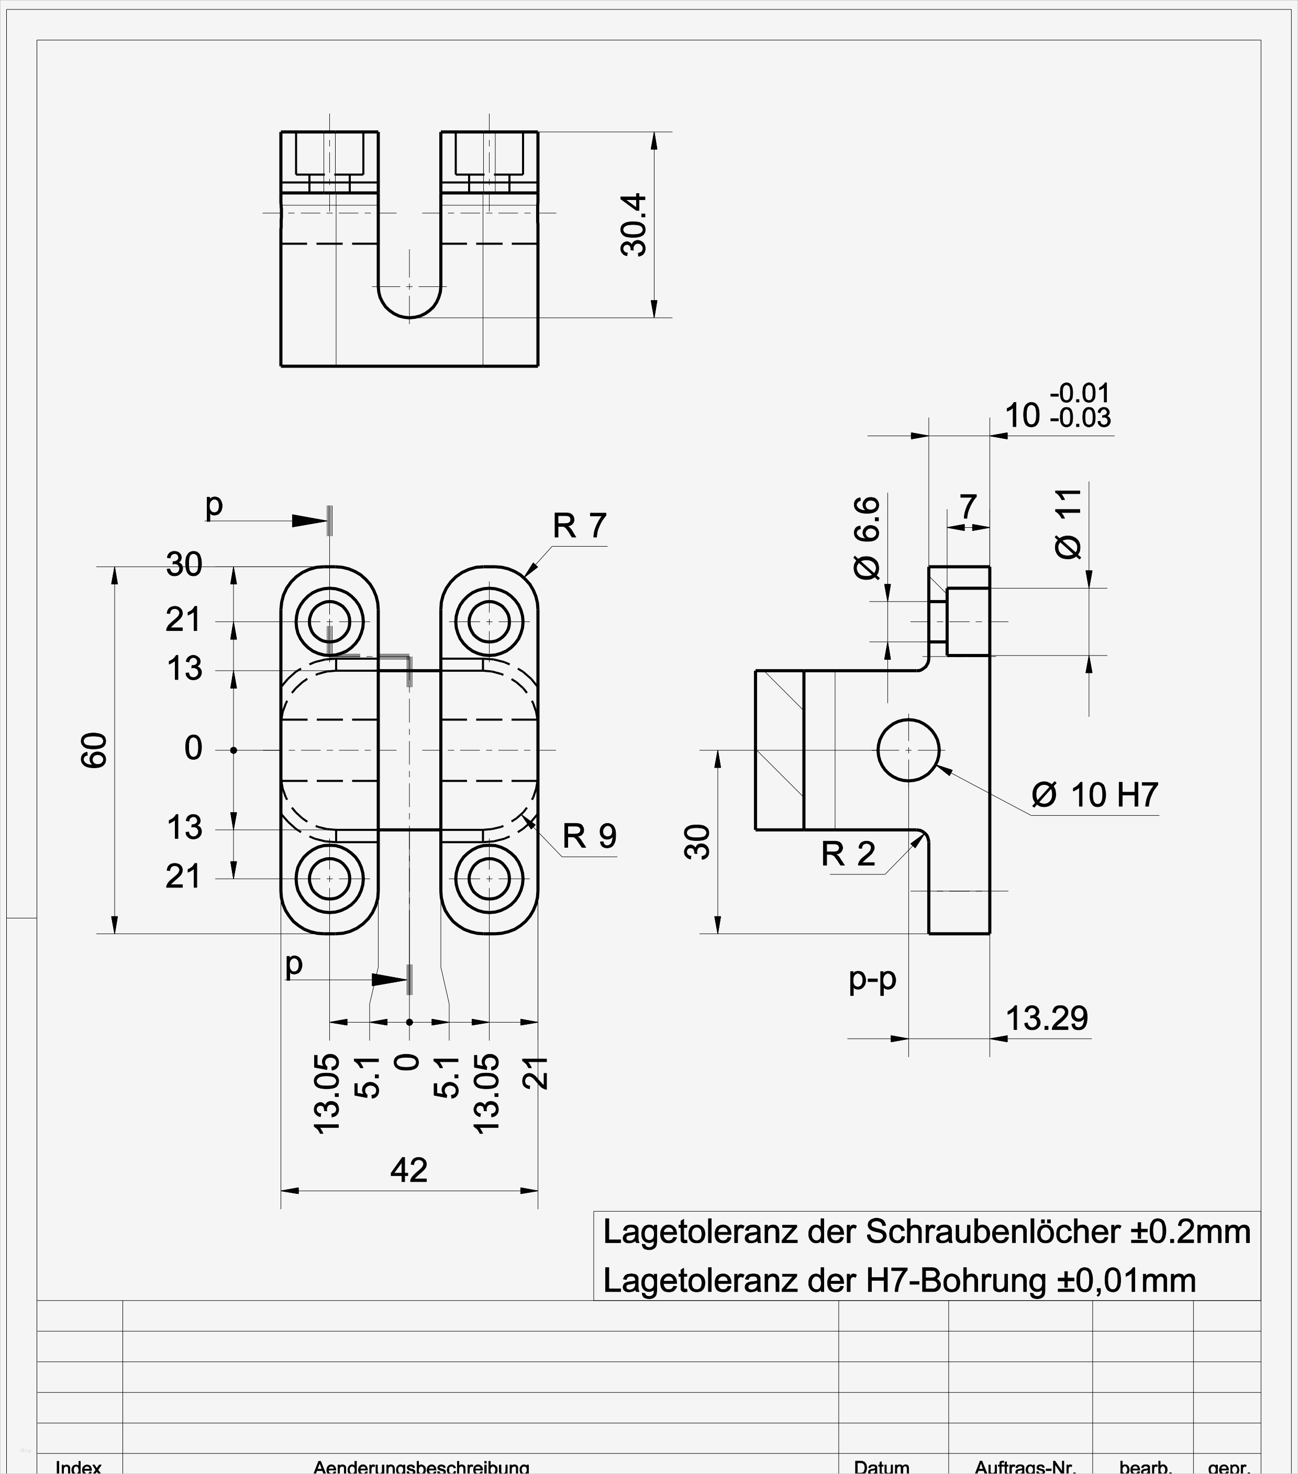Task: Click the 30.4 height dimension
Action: (x=634, y=225)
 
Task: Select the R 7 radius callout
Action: (x=579, y=526)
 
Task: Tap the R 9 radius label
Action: (x=589, y=837)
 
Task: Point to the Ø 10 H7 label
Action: (x=1094, y=795)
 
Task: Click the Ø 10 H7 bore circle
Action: (x=908, y=750)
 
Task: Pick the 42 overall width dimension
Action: (x=409, y=1170)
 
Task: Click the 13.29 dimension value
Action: (x=1046, y=1018)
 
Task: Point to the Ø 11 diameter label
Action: (x=1069, y=524)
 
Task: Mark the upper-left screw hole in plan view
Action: (x=329, y=621)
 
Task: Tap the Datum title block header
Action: (x=881, y=1467)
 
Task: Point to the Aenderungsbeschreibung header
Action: (x=421, y=1467)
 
